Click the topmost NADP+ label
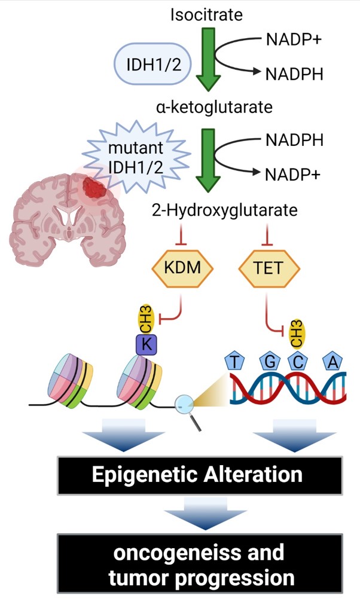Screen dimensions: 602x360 pos(294,41)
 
